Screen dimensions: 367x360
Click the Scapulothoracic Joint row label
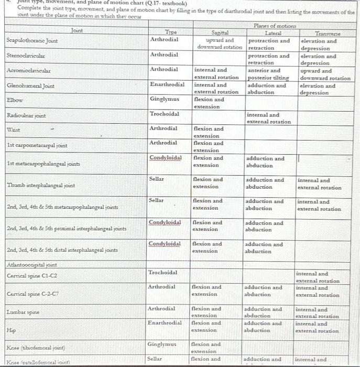[32, 41]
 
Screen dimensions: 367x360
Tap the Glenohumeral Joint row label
[30, 86]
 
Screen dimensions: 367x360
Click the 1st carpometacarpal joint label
[37, 145]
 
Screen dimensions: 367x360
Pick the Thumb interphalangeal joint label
[41, 185]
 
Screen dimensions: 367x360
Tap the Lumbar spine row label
[23, 312]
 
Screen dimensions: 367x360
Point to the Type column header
[163, 32]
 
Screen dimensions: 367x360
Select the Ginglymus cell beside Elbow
[165, 99]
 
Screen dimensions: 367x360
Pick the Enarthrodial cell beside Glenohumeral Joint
[167, 84]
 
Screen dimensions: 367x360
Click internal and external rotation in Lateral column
[268, 118]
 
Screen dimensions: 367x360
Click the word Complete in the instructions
[30, 8]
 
